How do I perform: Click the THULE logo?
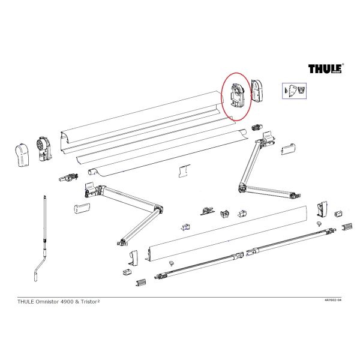click(325, 68)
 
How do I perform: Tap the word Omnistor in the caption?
click(47, 302)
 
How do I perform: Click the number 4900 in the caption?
click(67, 302)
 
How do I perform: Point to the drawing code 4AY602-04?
click(333, 300)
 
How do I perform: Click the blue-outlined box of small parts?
click(294, 91)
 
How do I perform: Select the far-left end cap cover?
click(22, 155)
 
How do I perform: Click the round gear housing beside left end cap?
click(44, 148)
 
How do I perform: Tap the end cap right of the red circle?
click(257, 91)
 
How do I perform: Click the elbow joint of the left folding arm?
click(158, 209)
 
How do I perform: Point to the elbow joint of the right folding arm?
click(242, 187)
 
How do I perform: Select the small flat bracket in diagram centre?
click(184, 171)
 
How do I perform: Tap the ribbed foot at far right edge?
click(347, 227)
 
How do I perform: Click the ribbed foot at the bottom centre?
click(141, 283)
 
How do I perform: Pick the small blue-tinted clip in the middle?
click(186, 227)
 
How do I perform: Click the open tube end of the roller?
click(91, 172)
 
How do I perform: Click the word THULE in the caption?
click(26, 302)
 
